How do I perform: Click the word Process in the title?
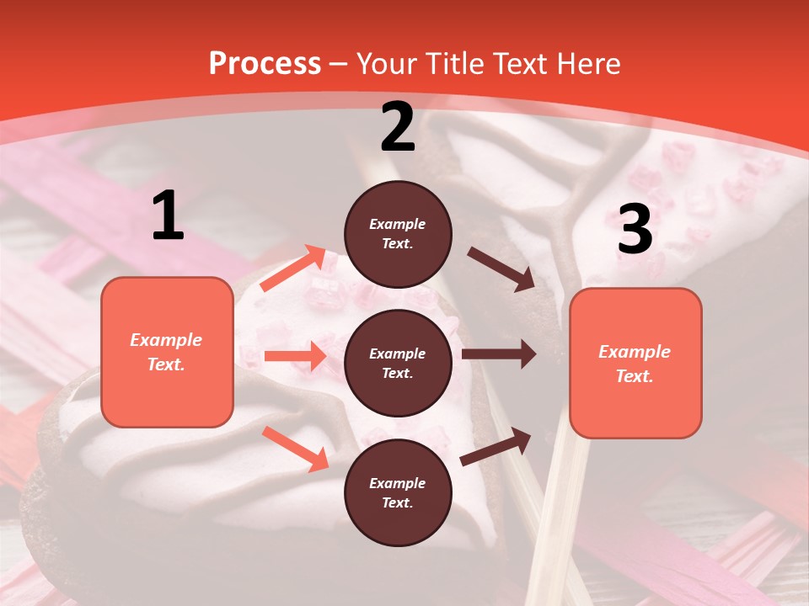(x=265, y=64)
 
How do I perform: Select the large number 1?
(x=168, y=216)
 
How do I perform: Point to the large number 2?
(x=398, y=127)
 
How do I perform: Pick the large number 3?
(x=635, y=229)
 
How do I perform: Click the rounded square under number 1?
(x=167, y=352)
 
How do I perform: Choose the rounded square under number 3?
(x=635, y=364)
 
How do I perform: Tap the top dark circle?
(x=398, y=234)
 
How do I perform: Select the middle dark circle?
(x=398, y=363)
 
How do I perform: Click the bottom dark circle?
(x=398, y=492)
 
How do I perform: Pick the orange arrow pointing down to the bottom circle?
(x=295, y=448)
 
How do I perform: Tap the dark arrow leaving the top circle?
(x=501, y=268)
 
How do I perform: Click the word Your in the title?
(x=387, y=64)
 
